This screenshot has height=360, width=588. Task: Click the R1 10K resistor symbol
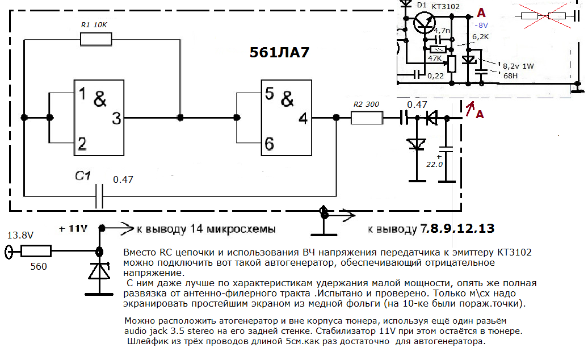click(96, 39)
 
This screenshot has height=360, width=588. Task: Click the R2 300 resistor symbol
click(367, 118)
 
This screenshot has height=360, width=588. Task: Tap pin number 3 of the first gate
click(116, 118)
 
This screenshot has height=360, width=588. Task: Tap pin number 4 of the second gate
click(303, 118)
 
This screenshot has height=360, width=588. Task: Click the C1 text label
click(83, 176)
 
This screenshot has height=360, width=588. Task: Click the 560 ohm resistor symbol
click(35, 250)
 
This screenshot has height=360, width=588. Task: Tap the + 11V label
click(73, 229)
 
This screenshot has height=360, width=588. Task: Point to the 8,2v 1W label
click(518, 65)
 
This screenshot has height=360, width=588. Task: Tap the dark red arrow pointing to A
click(470, 108)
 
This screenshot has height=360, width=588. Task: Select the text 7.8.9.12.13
click(457, 229)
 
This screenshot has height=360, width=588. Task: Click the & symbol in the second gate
click(288, 98)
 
